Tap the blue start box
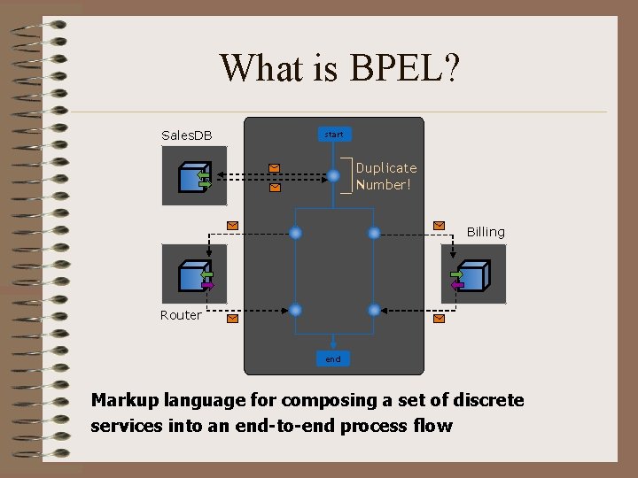[x=334, y=135]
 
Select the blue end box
[x=332, y=359]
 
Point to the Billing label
[x=486, y=232]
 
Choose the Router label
[x=181, y=315]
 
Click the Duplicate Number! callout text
[x=385, y=176]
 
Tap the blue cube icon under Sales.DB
[x=192, y=177]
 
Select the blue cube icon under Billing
[x=471, y=276]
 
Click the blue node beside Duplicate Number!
[x=333, y=176]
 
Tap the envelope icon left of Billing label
[x=438, y=226]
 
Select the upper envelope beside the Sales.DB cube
[x=275, y=166]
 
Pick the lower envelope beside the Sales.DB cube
[x=275, y=188]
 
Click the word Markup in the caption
[x=124, y=400]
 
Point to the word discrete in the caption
[x=486, y=400]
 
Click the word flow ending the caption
[x=433, y=426]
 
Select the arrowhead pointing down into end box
[x=332, y=345]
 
